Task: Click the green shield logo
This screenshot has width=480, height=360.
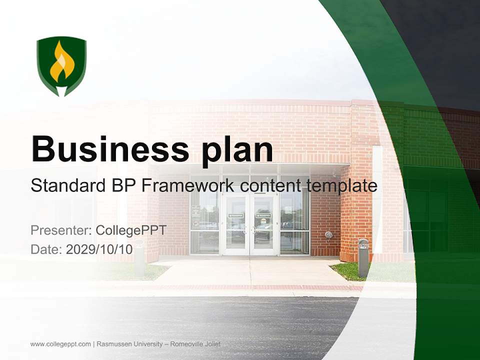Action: tap(61, 65)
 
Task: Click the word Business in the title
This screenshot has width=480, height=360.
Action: tap(105, 148)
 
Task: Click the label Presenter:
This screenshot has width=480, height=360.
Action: tap(60, 230)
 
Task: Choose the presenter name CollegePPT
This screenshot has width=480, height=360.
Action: tap(131, 230)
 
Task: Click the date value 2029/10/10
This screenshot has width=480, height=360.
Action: tap(99, 249)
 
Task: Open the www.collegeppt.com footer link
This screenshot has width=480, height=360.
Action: tap(60, 344)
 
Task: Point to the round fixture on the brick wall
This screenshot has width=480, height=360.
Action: tap(328, 234)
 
